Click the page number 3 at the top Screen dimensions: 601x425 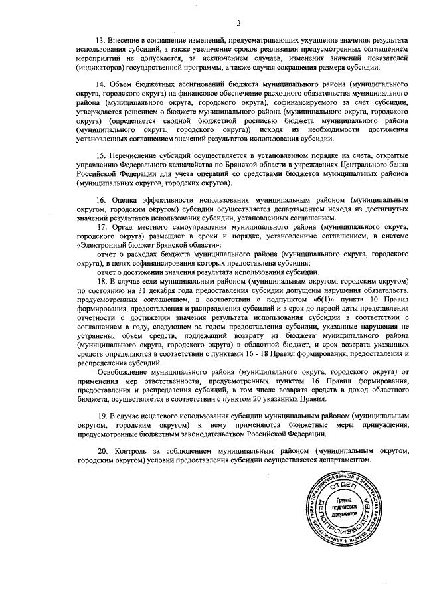[x=237, y=25]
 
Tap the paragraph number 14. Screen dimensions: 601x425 [x=101, y=85]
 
